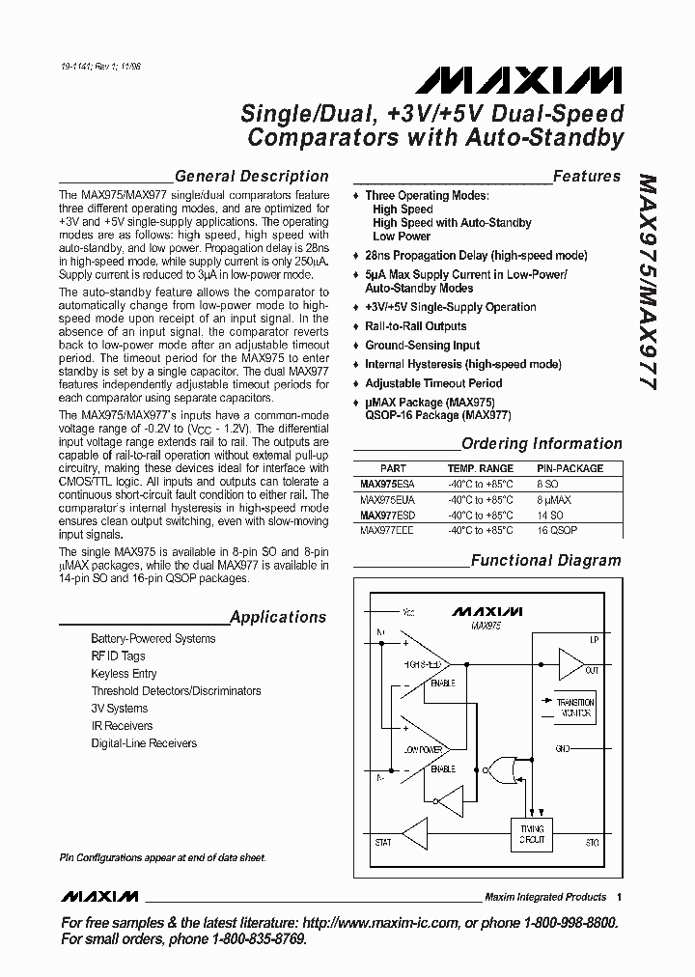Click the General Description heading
[x=252, y=177]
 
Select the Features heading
[x=586, y=177]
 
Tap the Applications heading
[x=278, y=618]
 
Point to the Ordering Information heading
[x=542, y=444]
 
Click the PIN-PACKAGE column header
[x=570, y=468]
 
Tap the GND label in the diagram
[x=590, y=748]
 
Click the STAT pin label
[x=383, y=842]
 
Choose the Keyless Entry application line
[x=124, y=674]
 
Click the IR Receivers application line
[x=122, y=726]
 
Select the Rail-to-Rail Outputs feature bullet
[x=415, y=326]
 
